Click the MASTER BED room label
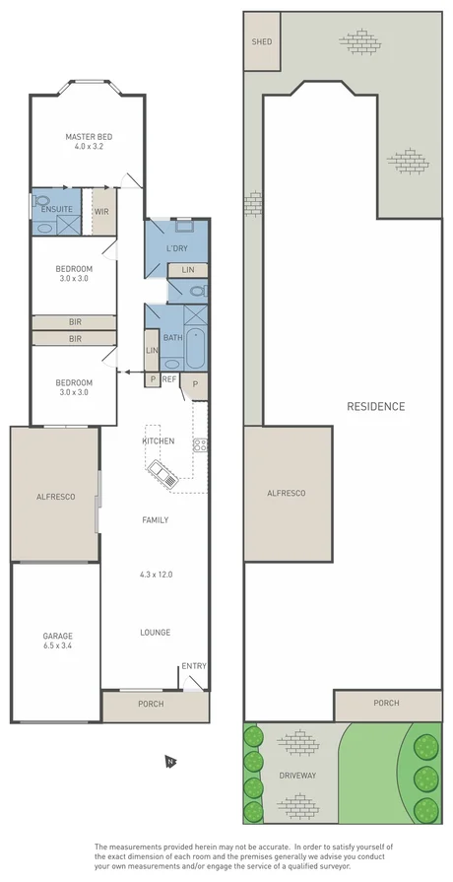[86, 137]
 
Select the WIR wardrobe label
[100, 211]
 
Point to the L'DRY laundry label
[177, 247]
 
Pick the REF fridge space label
[169, 379]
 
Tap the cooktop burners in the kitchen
[199, 444]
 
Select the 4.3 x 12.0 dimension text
[156, 574]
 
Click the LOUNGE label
[156, 633]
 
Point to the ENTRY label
[193, 666]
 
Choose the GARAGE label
[57, 636]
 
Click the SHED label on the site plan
[261, 42]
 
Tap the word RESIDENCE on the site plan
[375, 406]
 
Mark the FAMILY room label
[155, 519]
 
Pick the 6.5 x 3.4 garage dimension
[57, 646]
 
